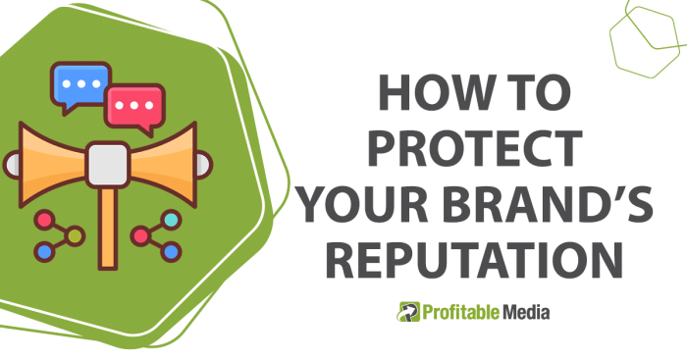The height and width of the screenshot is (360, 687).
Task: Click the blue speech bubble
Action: point(80,83)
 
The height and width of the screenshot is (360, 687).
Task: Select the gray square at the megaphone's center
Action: point(107,164)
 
